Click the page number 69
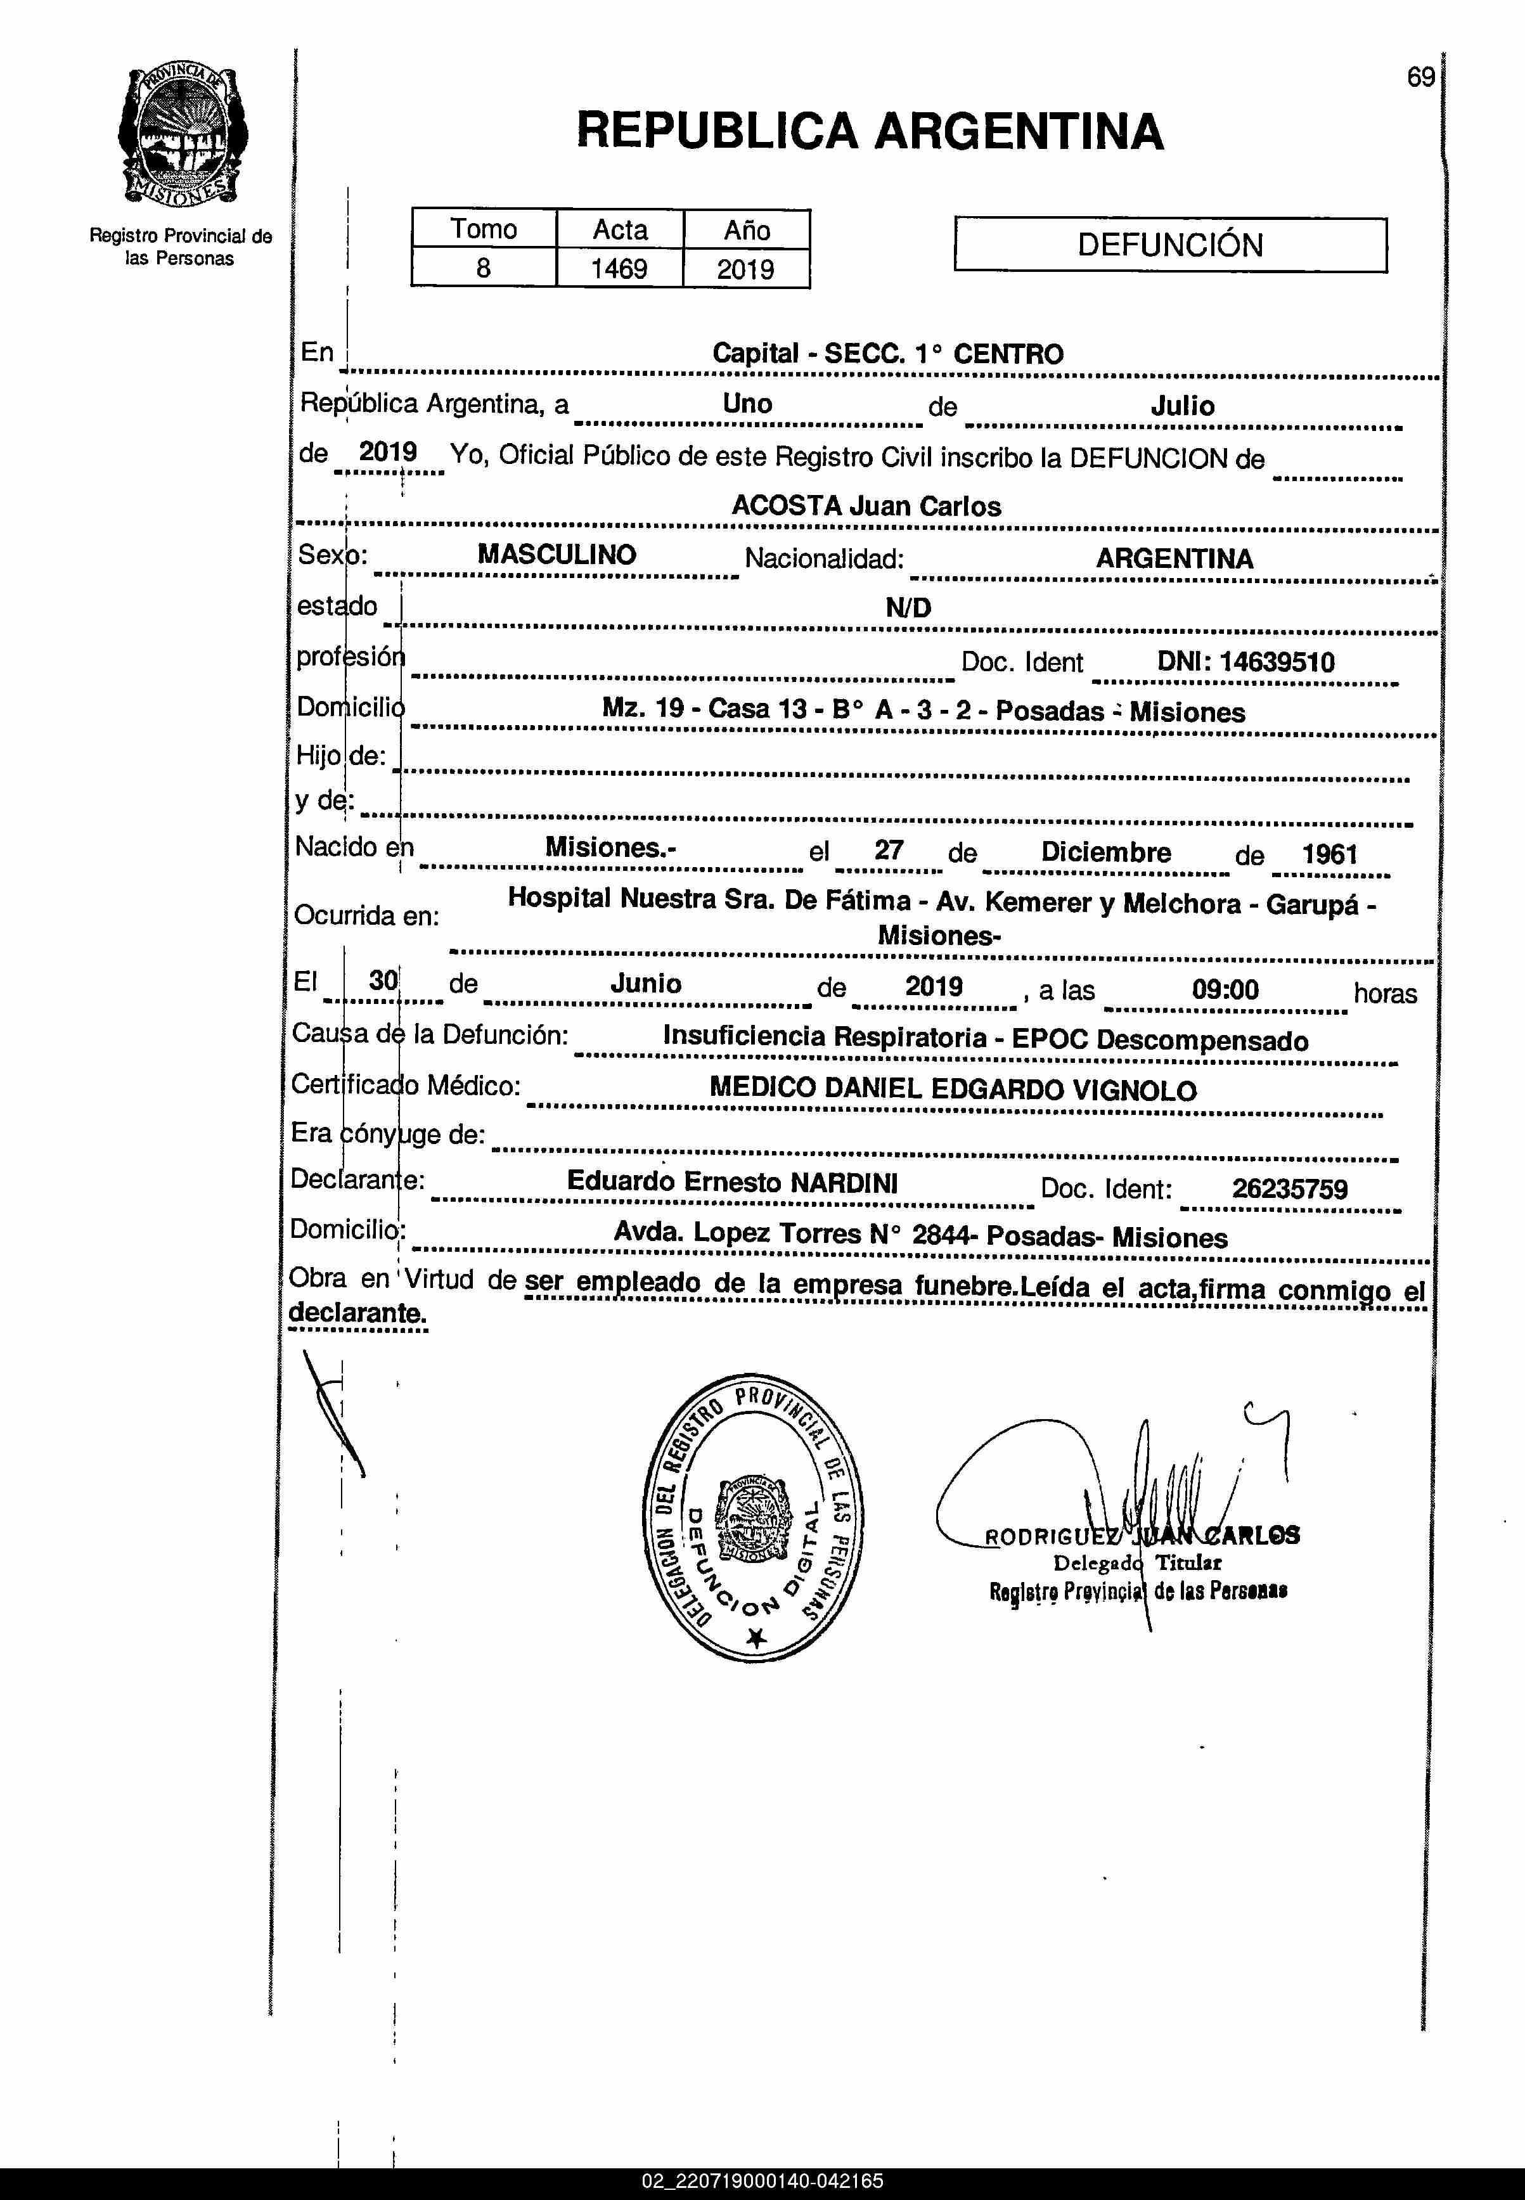pyautogui.click(x=1420, y=77)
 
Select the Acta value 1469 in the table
pyautogui.click(x=619, y=269)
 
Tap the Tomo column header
pyautogui.click(x=484, y=229)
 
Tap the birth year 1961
pyautogui.click(x=1329, y=853)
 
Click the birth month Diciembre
pyautogui.click(x=1105, y=851)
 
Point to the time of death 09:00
pyautogui.click(x=1225, y=989)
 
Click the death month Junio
pyautogui.click(x=646, y=983)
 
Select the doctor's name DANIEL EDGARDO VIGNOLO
pyautogui.click(x=1010, y=1090)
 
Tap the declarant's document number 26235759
pyautogui.click(x=1289, y=1188)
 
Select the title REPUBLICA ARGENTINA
pyautogui.click(x=870, y=131)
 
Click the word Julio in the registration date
pyautogui.click(x=1182, y=405)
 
